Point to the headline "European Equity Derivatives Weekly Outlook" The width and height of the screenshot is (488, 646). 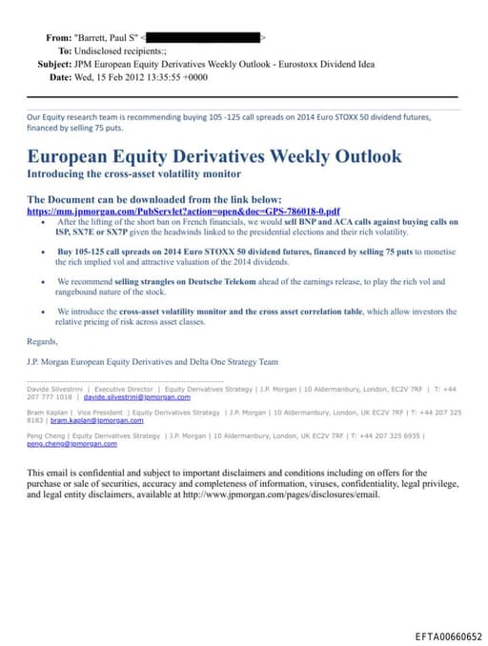[213, 156]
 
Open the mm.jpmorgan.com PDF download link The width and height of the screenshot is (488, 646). [182, 211]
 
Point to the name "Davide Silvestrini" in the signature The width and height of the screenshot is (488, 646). [55, 389]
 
